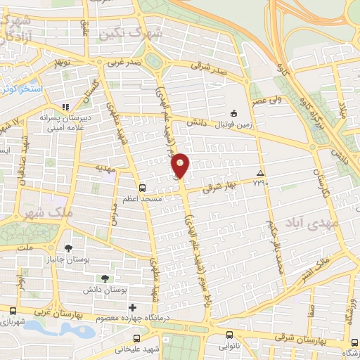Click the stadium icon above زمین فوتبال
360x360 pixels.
(234, 112)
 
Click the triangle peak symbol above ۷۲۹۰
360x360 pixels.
(261, 173)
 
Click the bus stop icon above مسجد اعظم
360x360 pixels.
(143, 188)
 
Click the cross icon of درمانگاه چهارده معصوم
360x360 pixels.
(132, 308)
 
